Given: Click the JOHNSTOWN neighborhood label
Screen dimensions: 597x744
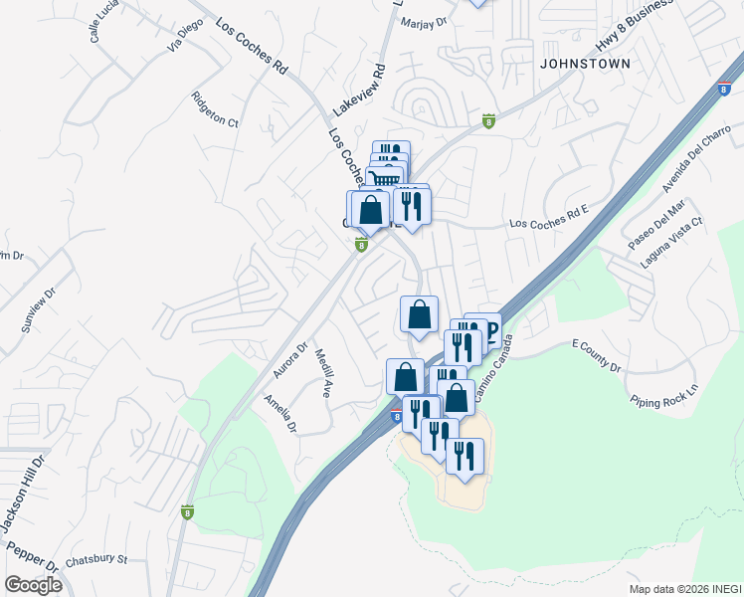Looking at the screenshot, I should pos(585,63).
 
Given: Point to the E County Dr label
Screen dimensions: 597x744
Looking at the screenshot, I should pos(597,355).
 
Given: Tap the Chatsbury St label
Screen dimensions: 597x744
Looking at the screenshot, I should pos(96,560).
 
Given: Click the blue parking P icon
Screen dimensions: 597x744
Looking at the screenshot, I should pos(488,328).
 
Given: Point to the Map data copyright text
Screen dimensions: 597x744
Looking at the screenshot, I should pos(684,588).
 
